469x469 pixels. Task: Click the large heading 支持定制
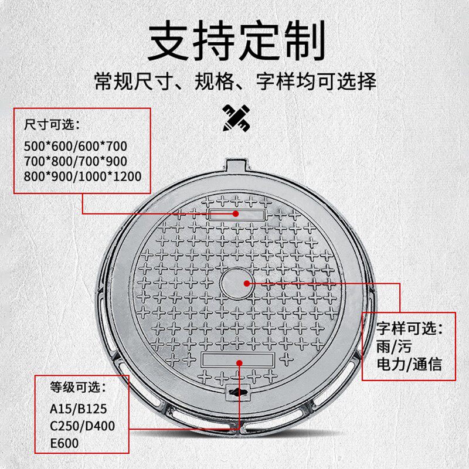(x=236, y=40)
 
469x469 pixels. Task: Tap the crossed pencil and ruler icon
(x=236, y=118)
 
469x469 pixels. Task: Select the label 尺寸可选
(x=52, y=124)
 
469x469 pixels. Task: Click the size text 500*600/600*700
(x=76, y=146)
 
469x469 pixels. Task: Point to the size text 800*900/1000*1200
(x=83, y=176)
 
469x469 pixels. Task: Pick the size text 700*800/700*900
(x=76, y=161)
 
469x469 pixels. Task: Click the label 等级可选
(x=78, y=388)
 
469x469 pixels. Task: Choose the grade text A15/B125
(x=78, y=409)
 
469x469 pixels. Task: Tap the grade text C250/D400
(x=82, y=426)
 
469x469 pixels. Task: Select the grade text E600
(x=64, y=443)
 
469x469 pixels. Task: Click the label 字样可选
(x=409, y=328)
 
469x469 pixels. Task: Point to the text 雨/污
(x=394, y=346)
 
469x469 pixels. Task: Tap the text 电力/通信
(x=409, y=365)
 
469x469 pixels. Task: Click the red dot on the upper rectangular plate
(x=236, y=213)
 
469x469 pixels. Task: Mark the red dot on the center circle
(x=247, y=283)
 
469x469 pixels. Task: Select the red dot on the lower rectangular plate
(x=239, y=363)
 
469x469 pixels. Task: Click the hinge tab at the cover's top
(x=237, y=165)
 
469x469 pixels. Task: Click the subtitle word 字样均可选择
(x=316, y=81)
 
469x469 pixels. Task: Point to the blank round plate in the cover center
(x=237, y=283)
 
